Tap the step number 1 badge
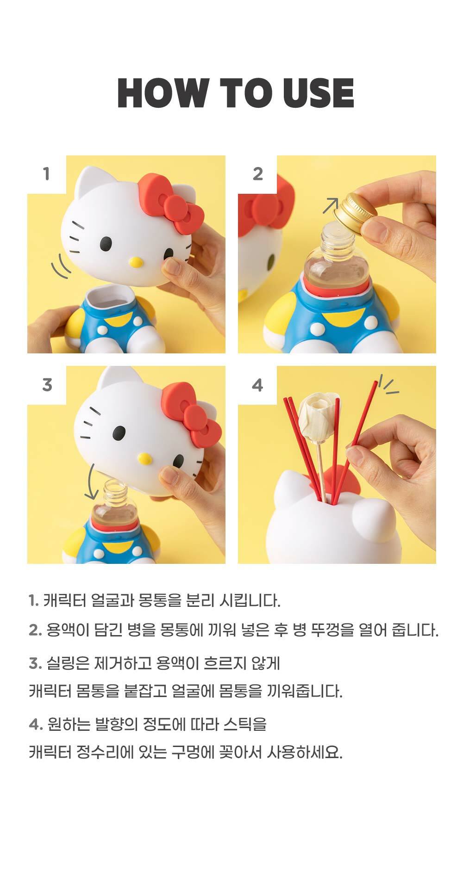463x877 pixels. (x=46, y=174)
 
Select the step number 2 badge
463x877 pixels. (x=258, y=174)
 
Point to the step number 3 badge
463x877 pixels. (x=47, y=385)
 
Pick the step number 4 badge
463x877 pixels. (x=257, y=385)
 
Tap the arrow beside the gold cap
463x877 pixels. (x=331, y=205)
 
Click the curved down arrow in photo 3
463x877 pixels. (x=92, y=481)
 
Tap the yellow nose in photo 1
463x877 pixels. (x=136, y=262)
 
